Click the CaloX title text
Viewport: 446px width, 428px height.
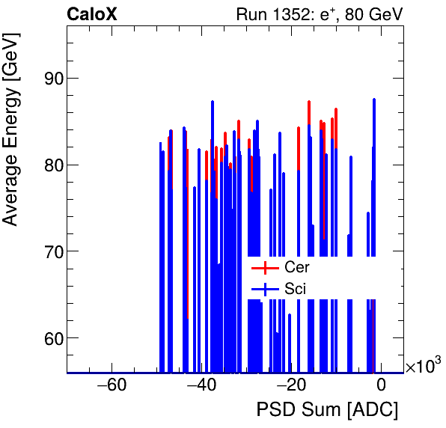(91, 13)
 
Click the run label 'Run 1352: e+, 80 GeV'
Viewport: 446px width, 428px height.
(319, 13)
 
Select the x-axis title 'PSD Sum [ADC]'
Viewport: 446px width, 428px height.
(327, 410)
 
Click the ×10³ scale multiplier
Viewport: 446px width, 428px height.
(423, 365)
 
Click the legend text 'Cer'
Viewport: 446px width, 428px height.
(296, 267)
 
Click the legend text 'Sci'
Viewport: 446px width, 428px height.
(295, 288)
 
